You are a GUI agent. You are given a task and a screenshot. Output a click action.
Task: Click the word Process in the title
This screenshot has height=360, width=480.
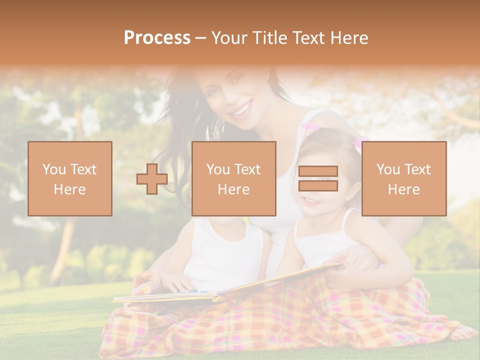[157, 38]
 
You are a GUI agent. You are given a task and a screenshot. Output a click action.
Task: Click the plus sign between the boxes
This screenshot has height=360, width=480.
[152, 179]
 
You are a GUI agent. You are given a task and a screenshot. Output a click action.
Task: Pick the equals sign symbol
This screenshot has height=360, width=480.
[318, 178]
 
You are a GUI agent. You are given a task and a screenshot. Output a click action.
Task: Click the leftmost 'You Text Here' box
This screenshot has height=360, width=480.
[70, 178]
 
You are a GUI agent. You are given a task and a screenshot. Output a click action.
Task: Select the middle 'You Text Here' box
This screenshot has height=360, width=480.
[234, 178]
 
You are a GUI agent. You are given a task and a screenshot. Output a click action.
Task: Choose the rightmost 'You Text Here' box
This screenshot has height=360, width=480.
[404, 178]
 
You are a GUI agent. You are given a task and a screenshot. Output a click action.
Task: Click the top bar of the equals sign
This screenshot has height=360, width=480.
[318, 171]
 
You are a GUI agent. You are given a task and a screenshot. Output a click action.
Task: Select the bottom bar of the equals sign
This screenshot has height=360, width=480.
[318, 186]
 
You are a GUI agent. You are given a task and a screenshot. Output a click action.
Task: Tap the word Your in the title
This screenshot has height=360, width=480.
[229, 38]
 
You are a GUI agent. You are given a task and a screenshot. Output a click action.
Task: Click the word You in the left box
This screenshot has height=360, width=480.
[54, 169]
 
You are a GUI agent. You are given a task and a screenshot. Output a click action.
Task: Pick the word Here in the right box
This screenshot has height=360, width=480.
[404, 189]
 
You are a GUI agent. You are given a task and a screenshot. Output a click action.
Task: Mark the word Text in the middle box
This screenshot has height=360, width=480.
[247, 169]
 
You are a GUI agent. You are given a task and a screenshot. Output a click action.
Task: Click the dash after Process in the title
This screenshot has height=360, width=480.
[201, 39]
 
